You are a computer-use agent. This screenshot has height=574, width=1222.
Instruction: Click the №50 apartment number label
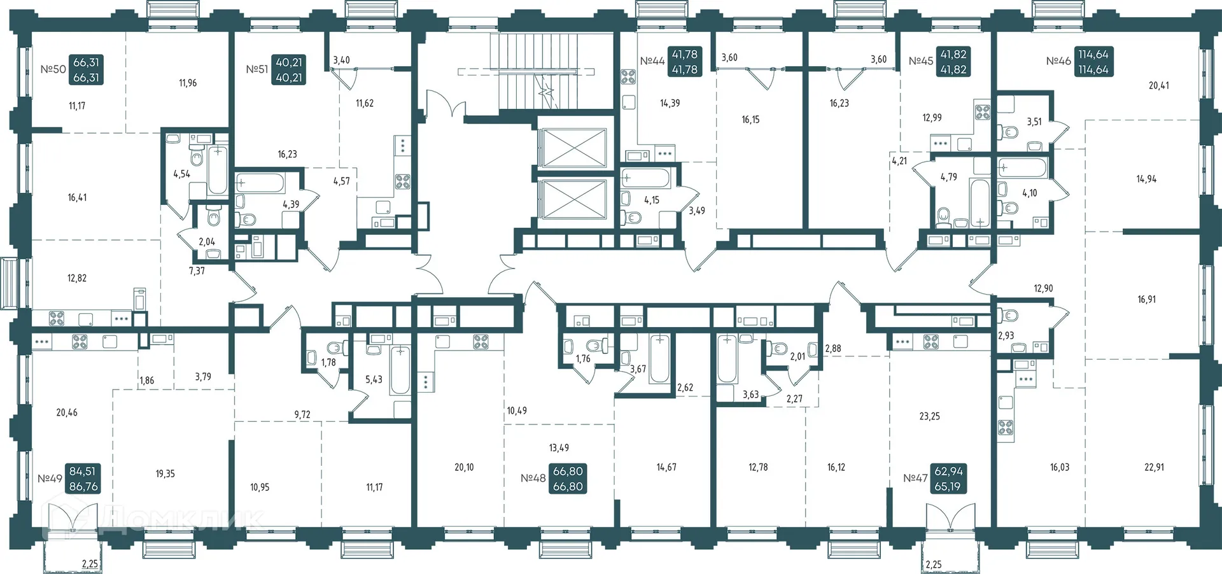click(x=53, y=69)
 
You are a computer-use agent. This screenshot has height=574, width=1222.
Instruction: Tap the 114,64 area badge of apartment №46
click(x=1093, y=62)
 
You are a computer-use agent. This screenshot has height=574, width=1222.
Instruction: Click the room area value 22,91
click(x=1154, y=467)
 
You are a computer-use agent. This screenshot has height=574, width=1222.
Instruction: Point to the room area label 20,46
click(x=67, y=412)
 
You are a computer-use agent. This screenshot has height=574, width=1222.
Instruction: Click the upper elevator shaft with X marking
click(x=572, y=148)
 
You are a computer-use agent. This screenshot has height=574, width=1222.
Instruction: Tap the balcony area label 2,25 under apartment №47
click(x=933, y=564)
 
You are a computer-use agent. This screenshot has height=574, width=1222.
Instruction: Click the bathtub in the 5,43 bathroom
click(x=400, y=370)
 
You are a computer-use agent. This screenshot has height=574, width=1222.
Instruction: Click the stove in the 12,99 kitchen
click(x=983, y=113)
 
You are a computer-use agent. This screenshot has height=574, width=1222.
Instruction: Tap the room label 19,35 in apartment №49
click(x=165, y=473)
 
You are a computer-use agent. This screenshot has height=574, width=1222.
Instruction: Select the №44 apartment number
click(x=652, y=61)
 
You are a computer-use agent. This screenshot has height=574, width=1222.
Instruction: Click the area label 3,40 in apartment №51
click(x=341, y=60)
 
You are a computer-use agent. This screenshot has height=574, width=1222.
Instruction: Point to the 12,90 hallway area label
click(x=1043, y=288)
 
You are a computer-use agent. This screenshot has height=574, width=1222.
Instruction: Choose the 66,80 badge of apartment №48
click(x=568, y=479)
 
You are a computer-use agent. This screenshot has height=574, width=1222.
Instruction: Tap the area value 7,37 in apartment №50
click(x=197, y=270)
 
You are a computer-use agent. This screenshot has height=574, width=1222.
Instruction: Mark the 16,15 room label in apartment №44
click(x=750, y=120)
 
